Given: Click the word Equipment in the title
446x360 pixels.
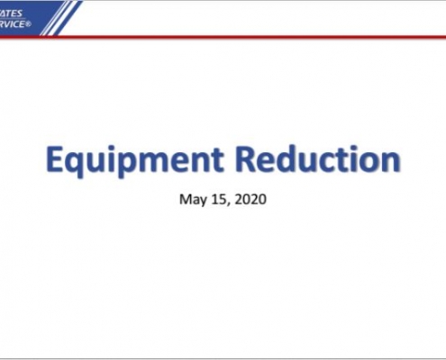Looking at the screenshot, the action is point(134,161).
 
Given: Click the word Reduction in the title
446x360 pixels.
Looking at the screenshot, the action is point(318,158).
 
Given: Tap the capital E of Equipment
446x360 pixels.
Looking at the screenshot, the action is point(54,159).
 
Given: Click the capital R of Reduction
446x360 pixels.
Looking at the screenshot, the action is point(245,159).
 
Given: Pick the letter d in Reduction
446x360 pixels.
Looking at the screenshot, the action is point(287,158).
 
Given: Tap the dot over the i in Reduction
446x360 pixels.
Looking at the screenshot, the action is point(357,148).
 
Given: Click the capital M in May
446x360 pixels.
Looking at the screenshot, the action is point(185,199).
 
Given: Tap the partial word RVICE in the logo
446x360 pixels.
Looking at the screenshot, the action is point(14,24).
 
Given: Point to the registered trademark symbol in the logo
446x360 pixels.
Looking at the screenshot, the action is point(29,24).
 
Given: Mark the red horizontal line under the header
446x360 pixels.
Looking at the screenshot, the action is point(223,37).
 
